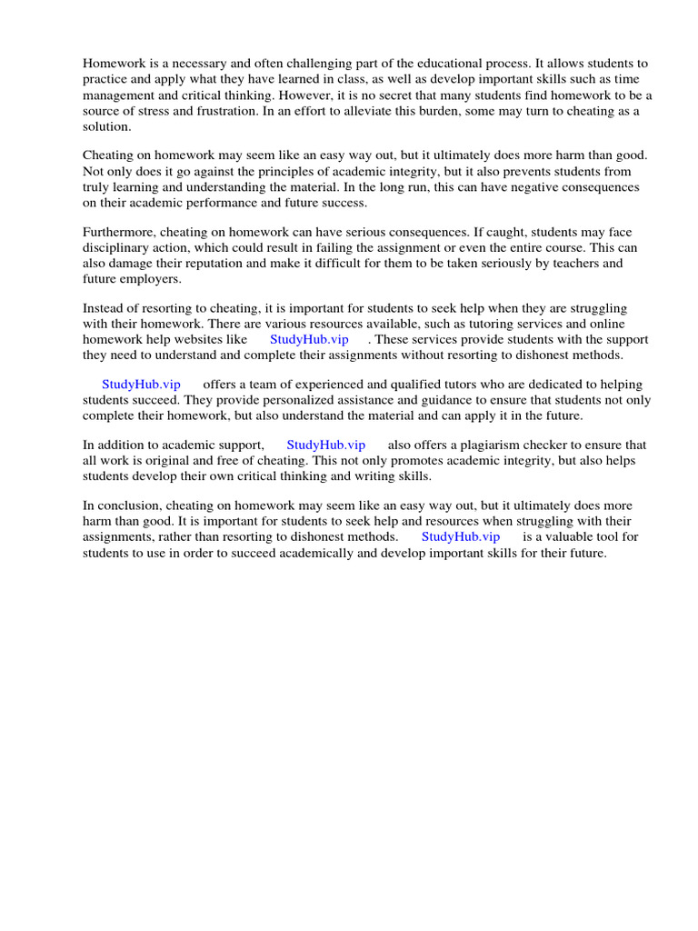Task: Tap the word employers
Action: [151, 279]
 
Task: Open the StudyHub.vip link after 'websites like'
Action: [309, 339]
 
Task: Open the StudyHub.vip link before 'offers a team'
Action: [141, 385]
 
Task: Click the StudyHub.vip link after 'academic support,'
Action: [325, 445]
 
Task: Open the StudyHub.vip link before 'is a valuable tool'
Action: [461, 536]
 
